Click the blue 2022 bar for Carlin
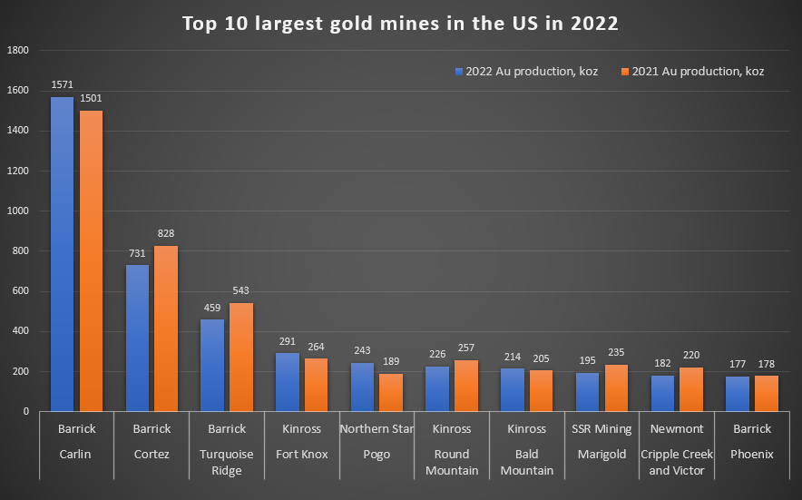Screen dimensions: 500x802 [x=62, y=254]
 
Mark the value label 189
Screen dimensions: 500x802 [x=392, y=362]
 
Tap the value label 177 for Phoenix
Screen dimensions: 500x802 [x=738, y=365]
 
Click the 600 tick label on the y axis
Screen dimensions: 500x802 [x=20, y=291]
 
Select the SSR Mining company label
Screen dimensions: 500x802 [x=602, y=428]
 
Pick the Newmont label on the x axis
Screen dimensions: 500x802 [x=678, y=428]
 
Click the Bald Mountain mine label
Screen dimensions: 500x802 [x=527, y=462]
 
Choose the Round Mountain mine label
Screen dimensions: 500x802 [x=452, y=462]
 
